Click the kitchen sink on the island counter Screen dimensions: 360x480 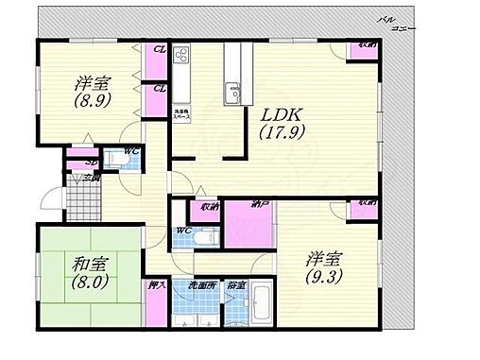pos(231,92)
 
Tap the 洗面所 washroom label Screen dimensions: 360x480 pos(197,283)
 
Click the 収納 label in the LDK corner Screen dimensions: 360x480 pos(366,45)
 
